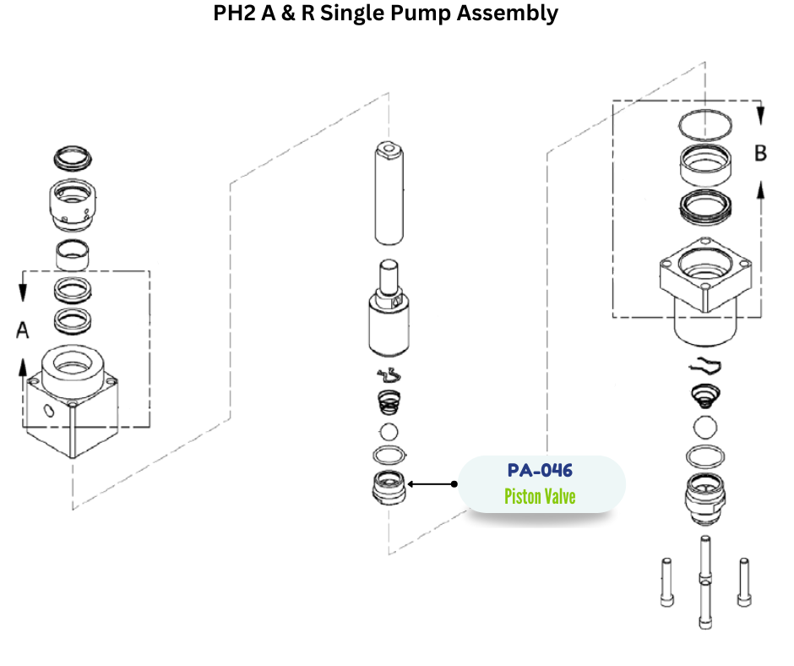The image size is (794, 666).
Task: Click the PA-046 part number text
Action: pos(540,470)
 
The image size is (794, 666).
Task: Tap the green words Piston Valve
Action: pos(540,496)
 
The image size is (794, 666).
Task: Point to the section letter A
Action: pos(24,330)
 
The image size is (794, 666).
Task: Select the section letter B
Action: pos(760,154)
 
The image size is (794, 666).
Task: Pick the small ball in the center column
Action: pos(388,430)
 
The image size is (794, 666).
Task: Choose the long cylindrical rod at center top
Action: pos(389,192)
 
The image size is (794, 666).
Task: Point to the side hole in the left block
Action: pos(49,412)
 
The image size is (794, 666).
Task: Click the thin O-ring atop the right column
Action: pos(707,125)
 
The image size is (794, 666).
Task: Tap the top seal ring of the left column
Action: pos(71,156)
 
